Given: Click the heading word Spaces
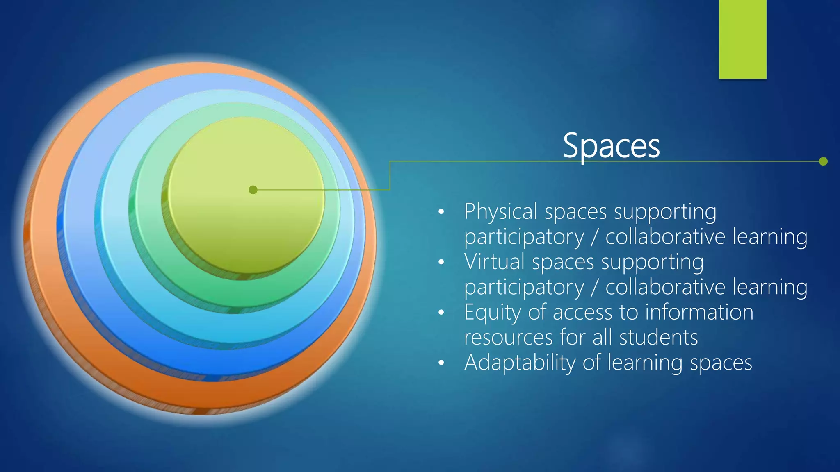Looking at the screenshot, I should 611,146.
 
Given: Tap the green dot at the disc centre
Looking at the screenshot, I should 253,190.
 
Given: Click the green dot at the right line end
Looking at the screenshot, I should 823,161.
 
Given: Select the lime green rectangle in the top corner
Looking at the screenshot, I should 742,39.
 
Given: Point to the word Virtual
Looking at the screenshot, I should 494,262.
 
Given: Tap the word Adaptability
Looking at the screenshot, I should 520,363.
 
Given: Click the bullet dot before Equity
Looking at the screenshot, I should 441,313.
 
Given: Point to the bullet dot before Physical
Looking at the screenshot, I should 441,212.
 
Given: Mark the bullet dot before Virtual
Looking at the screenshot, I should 441,262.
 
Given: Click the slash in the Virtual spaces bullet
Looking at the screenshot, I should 594,287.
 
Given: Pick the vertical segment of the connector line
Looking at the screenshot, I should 390,175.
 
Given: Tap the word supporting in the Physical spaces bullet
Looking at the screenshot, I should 665,212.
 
